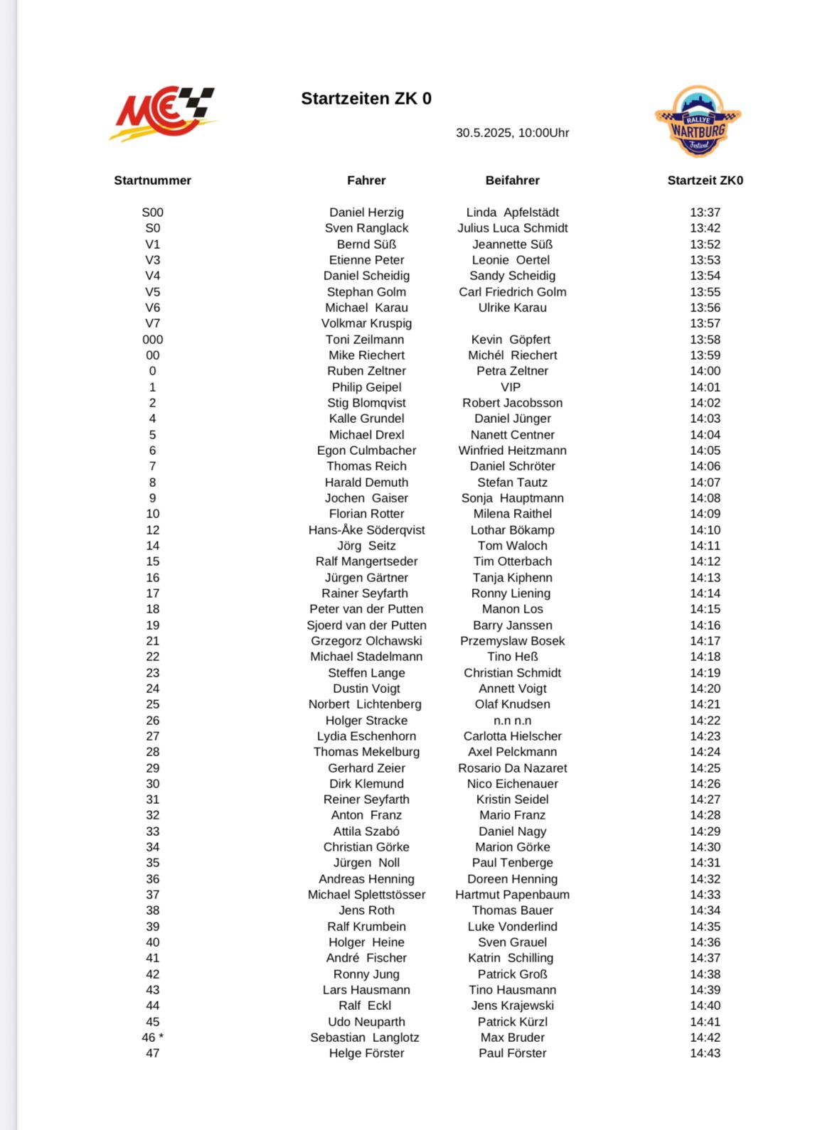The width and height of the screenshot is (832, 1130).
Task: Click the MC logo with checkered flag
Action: tap(164, 113)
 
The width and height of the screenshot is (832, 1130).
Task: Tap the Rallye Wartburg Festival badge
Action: tap(698, 122)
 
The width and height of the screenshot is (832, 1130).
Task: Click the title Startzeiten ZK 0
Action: tap(366, 99)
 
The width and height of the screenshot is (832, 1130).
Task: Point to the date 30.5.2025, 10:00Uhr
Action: tap(512, 133)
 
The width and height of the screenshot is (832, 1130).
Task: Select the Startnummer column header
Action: tap(152, 181)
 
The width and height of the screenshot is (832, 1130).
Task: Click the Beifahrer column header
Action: tap(512, 181)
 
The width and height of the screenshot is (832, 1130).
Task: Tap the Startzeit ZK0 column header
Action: tap(705, 181)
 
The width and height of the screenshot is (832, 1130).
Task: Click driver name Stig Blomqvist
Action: tap(366, 403)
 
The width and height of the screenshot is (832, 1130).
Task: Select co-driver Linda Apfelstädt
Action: tap(512, 212)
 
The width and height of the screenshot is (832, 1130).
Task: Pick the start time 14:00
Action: tap(705, 371)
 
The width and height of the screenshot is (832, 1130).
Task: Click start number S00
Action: tap(152, 212)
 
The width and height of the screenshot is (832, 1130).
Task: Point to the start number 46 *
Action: tap(152, 1038)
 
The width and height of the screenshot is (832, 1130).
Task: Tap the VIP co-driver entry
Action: tap(511, 387)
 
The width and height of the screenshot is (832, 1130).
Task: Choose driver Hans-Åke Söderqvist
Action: tap(366, 530)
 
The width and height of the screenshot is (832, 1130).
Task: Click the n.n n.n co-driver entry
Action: tap(512, 721)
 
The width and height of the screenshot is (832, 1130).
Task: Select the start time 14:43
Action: tap(705, 1053)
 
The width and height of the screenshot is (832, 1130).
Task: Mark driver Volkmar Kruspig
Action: tap(366, 323)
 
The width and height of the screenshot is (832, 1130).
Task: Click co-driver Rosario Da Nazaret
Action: tap(512, 768)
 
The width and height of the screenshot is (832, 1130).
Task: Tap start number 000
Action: tap(152, 340)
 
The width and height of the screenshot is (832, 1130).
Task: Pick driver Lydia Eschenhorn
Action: tap(366, 736)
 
